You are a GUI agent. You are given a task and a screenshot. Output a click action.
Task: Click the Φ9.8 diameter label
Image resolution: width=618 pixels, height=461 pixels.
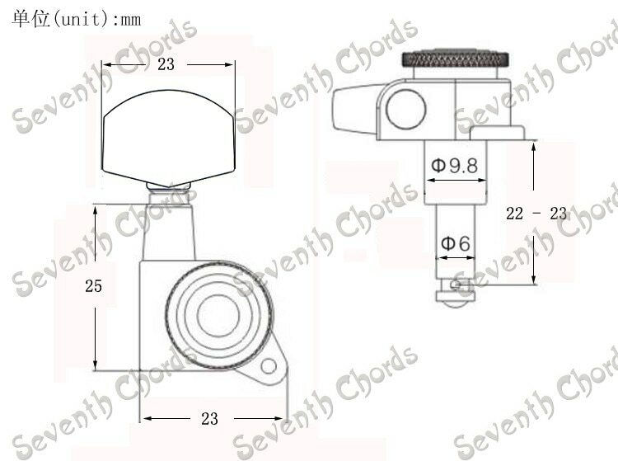click(454, 165)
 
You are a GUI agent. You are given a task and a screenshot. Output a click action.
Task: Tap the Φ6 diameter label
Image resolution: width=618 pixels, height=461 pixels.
click(455, 243)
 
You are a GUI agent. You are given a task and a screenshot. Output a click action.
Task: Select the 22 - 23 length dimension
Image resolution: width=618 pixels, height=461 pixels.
click(536, 214)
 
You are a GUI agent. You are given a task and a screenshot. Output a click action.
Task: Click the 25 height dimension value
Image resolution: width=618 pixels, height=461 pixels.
click(93, 286)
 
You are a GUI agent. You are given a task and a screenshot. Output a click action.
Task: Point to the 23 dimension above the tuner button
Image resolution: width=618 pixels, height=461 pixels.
click(166, 64)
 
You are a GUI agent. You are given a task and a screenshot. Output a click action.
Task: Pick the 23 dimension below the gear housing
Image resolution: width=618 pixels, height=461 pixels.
click(209, 418)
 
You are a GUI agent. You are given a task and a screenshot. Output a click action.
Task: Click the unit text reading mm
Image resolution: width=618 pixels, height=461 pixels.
click(130, 20)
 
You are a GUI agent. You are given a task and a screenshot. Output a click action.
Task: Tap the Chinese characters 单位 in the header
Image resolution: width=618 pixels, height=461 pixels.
click(30, 19)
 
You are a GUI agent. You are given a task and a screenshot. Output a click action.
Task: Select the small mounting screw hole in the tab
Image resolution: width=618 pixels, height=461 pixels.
click(269, 366)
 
